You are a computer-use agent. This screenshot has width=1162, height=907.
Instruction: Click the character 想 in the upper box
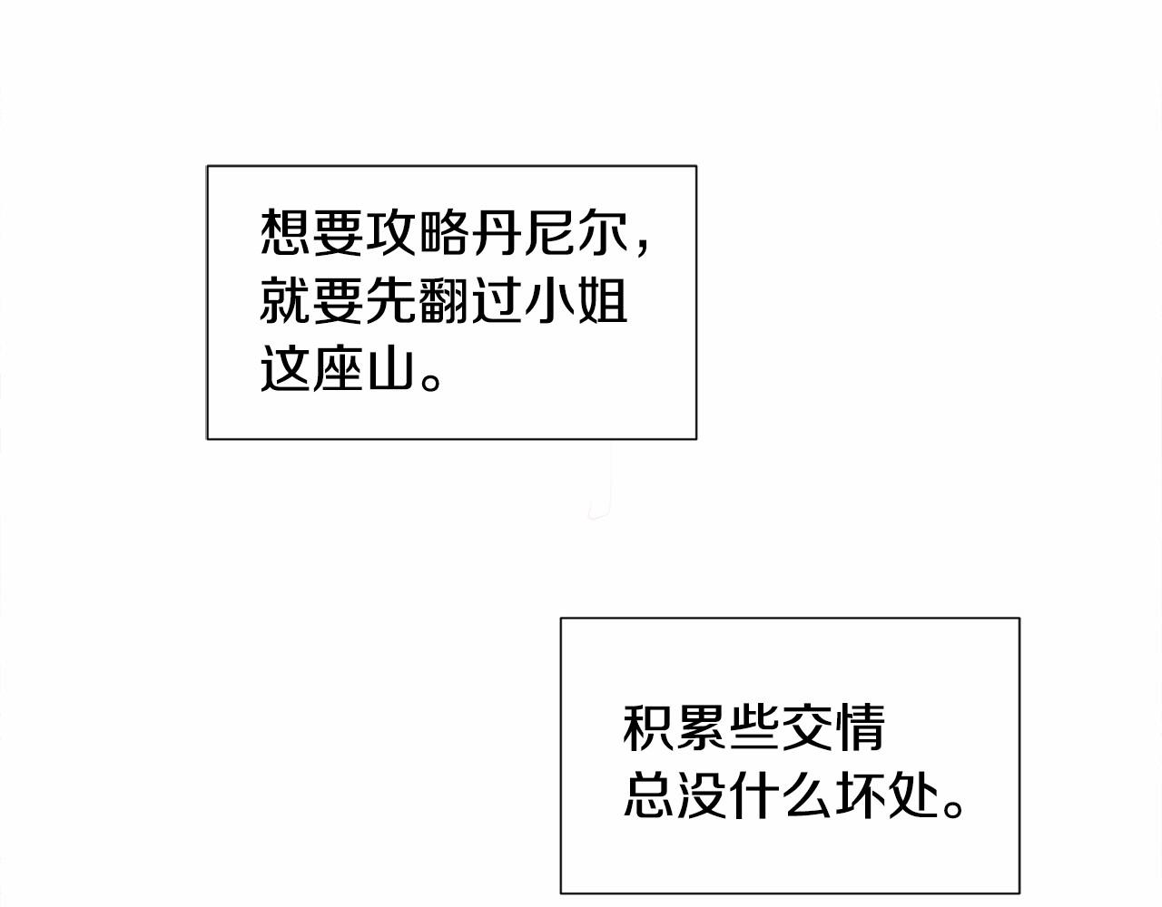coord(285,231)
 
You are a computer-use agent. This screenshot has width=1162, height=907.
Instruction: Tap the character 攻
coord(391,231)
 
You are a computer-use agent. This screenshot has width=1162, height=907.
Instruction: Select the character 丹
coord(497,231)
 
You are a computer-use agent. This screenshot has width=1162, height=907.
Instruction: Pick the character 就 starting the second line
coord(285,300)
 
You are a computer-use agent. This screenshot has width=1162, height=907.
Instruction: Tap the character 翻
coord(444,300)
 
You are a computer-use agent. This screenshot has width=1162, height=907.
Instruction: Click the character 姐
coord(603,300)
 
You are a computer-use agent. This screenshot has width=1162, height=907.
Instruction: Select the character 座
coord(338,369)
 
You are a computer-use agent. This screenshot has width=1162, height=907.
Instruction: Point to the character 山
coord(391,370)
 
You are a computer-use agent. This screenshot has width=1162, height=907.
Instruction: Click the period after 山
coord(430,383)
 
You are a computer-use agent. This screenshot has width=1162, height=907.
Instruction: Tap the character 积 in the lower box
coord(647,728)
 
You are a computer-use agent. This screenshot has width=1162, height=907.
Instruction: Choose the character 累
coord(701,728)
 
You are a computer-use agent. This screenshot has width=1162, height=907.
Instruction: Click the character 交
coord(806,728)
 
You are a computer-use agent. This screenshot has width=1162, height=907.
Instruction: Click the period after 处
coord(952,808)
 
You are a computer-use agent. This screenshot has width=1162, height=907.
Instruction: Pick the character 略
coord(444,231)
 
